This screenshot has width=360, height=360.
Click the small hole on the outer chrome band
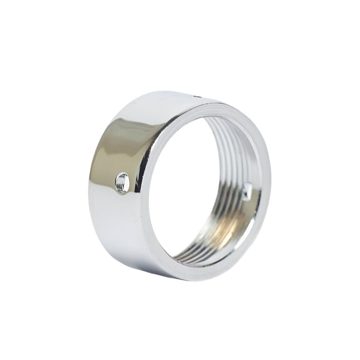pos(122,182)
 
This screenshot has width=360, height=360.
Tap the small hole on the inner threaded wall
pos(247,192)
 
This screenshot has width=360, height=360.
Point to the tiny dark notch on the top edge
pos(197,95)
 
